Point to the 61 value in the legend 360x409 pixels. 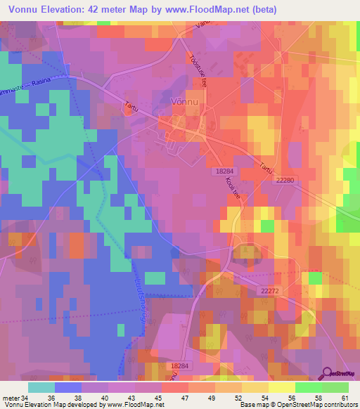pyautogui.click(x=345, y=397)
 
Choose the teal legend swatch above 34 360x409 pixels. pyautogui.click(x=41, y=387)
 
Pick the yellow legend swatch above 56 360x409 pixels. pyautogui.click(x=282, y=387)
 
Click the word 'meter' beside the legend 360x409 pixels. pyautogui.click(x=11, y=397)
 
